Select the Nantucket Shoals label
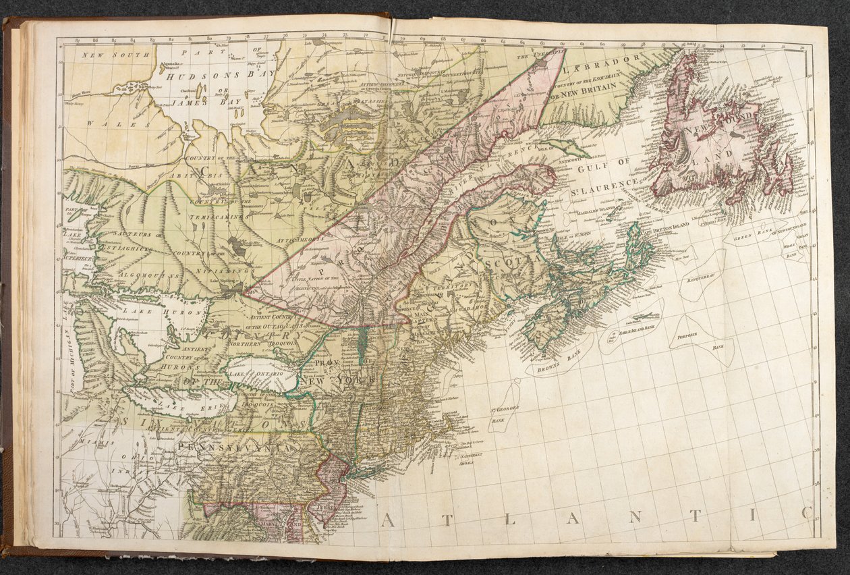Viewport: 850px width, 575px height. click(x=465, y=460)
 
